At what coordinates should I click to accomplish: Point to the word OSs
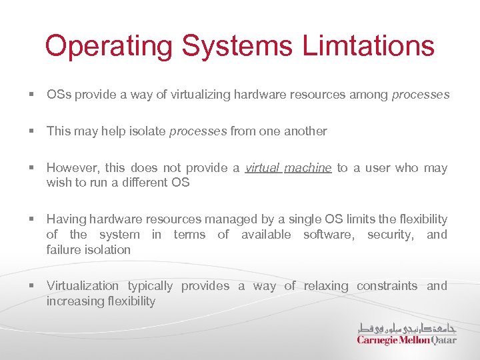[59, 95]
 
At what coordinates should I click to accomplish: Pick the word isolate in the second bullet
[145, 131]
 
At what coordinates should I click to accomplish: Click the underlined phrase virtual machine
[288, 168]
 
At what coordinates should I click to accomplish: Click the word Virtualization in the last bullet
[82, 286]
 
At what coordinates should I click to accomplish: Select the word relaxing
[326, 286]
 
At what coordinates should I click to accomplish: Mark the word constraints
[387, 286]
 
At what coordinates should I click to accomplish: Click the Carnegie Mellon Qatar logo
[407, 333]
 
